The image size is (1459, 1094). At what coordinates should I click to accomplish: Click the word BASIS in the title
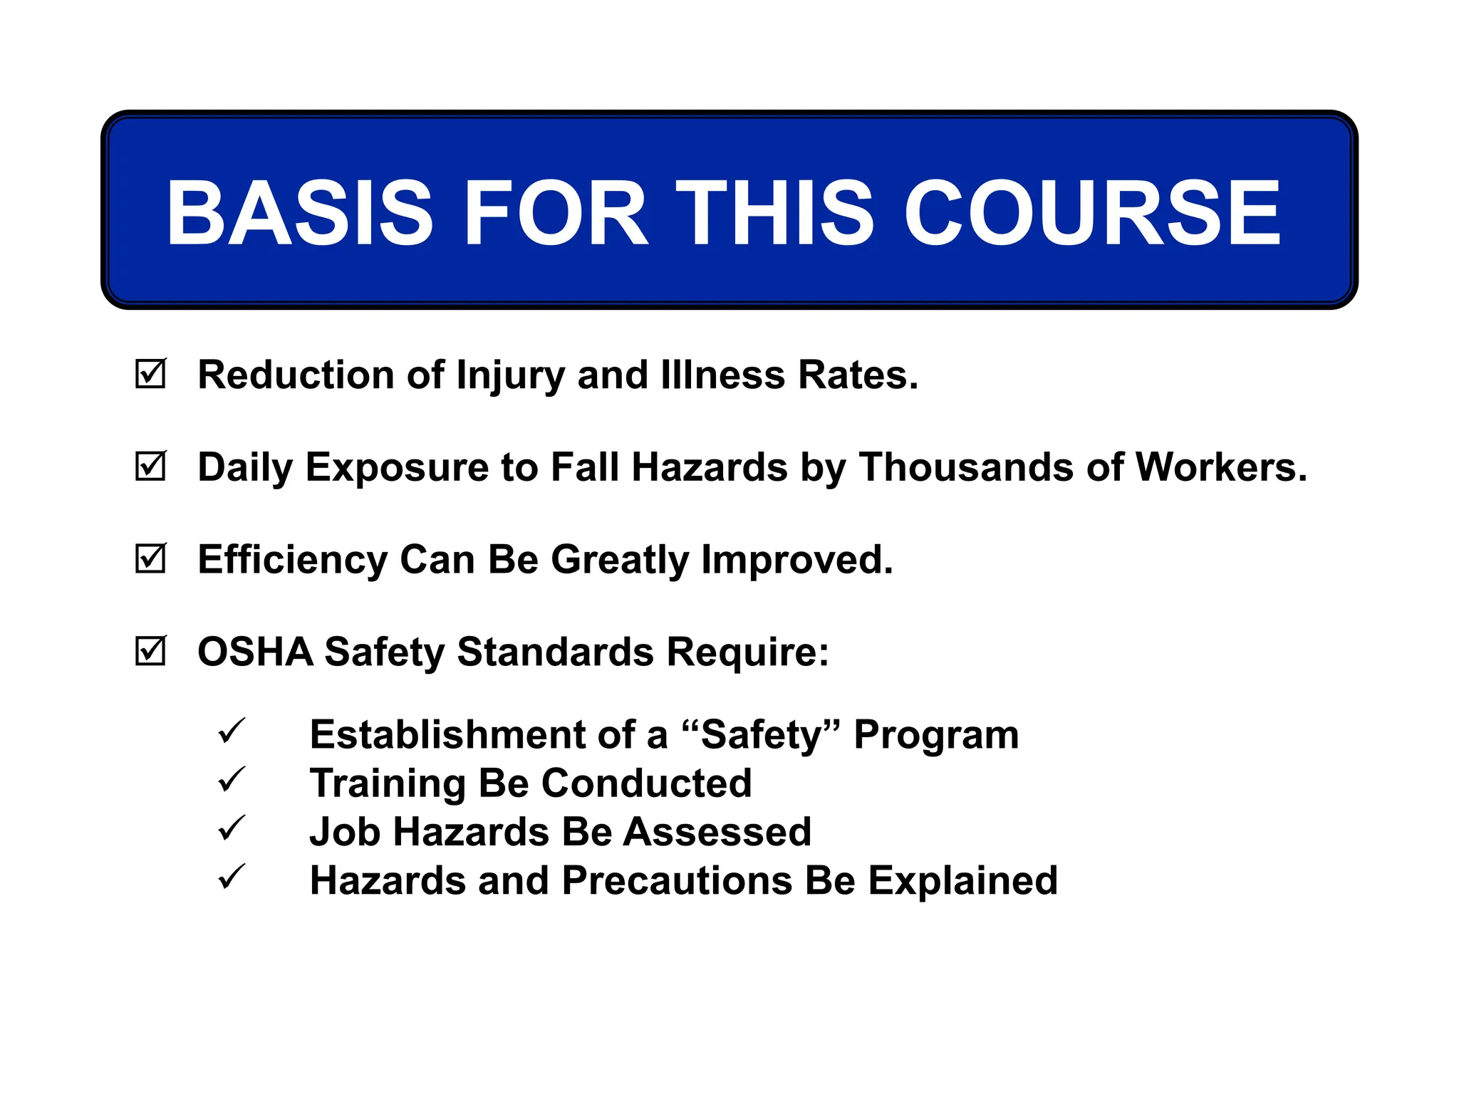(299, 212)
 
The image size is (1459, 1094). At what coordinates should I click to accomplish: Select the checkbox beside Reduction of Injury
(150, 374)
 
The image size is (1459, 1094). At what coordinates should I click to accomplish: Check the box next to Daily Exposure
(150, 467)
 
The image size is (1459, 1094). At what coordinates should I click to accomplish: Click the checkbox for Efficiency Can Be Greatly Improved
(150, 559)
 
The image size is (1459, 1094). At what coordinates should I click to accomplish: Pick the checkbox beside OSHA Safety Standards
(150, 651)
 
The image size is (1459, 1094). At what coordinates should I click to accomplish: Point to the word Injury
(510, 375)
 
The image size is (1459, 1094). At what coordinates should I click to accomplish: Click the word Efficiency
(292, 560)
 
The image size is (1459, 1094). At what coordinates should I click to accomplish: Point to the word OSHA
(255, 652)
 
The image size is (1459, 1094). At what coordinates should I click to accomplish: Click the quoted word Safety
(761, 735)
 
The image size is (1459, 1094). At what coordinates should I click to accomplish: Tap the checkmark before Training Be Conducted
(232, 780)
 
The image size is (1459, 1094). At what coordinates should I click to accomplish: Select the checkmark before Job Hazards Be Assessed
(232, 828)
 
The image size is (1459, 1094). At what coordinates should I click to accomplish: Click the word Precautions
(677, 880)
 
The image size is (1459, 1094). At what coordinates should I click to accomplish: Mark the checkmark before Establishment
(232, 731)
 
